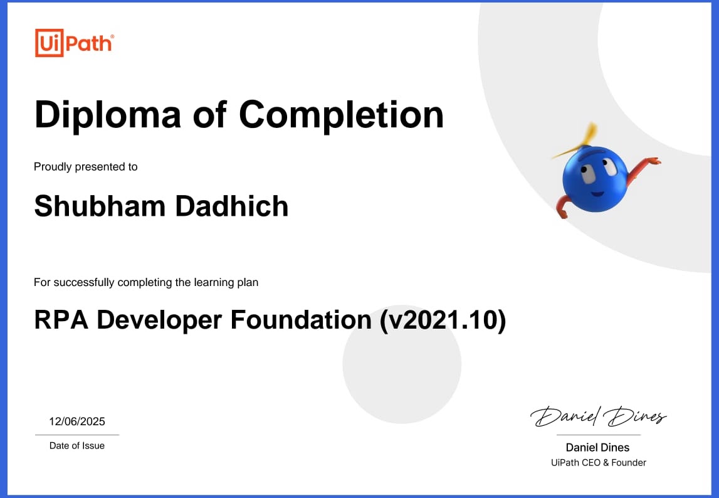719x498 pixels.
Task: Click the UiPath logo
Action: tap(74, 43)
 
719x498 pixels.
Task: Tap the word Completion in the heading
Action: tap(341, 115)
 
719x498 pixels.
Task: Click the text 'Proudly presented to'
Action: tap(85, 167)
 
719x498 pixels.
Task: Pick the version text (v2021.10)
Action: tap(443, 320)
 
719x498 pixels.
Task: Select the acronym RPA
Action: tap(61, 320)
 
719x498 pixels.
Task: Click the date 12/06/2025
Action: tap(77, 421)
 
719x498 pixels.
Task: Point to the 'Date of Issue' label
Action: tap(77, 446)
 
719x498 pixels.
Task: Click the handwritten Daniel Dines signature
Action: tap(598, 416)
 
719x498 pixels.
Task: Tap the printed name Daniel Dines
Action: tap(597, 447)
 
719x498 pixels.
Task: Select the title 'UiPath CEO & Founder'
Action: tap(598, 463)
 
